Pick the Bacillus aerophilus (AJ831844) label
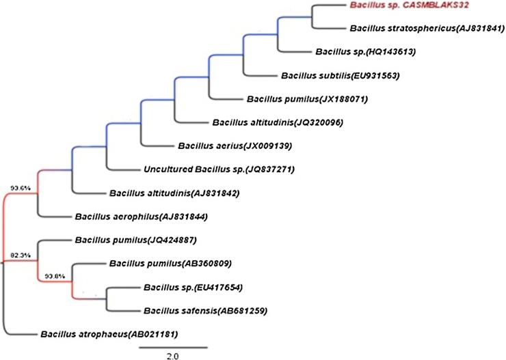pyautogui.click(x=134, y=217)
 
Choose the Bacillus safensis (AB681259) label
pyautogui.click(x=205, y=311)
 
